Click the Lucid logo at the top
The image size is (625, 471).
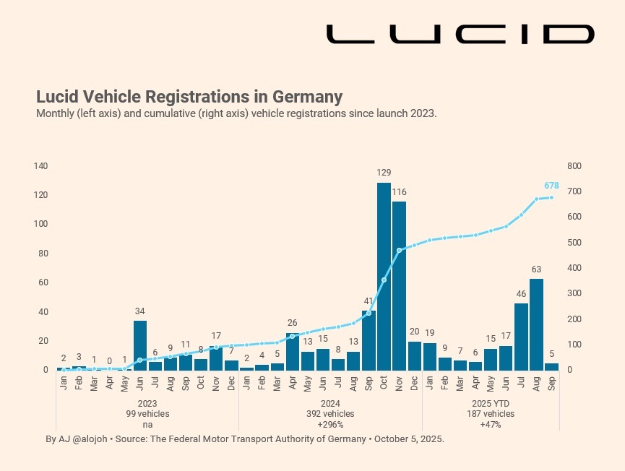(x=460, y=34)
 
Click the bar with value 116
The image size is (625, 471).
(x=399, y=285)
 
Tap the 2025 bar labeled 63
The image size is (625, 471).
(x=536, y=324)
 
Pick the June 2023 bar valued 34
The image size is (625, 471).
(x=140, y=345)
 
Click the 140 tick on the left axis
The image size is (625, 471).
(x=40, y=166)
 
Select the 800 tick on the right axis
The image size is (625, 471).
(x=574, y=166)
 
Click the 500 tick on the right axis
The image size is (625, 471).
(x=574, y=243)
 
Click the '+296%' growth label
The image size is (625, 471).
(x=329, y=425)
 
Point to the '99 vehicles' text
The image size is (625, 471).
(x=147, y=414)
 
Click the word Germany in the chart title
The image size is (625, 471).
(x=306, y=97)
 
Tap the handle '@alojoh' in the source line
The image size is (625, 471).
(x=89, y=438)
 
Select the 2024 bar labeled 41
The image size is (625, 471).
(x=368, y=340)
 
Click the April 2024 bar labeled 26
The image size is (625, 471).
(x=293, y=351)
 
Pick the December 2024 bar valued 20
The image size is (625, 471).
(x=414, y=355)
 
